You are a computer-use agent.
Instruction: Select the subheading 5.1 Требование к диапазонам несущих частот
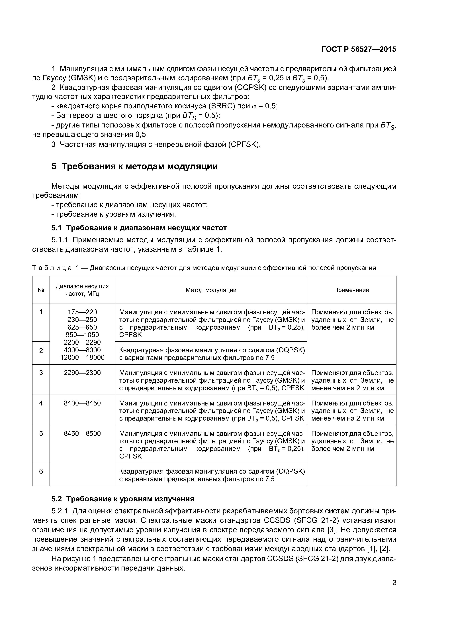pyautogui.click(x=139, y=228)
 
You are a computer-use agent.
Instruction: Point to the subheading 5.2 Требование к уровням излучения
pyautogui.click(x=123, y=499)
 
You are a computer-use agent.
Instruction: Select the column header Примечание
pyautogui.click(x=351, y=290)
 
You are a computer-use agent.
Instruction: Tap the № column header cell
pyautogui.click(x=41, y=290)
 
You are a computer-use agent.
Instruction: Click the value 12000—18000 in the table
pyautogui.click(x=82, y=358)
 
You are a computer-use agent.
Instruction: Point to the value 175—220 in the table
pyautogui.click(x=82, y=312)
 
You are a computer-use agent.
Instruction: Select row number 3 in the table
pyautogui.click(x=41, y=373)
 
